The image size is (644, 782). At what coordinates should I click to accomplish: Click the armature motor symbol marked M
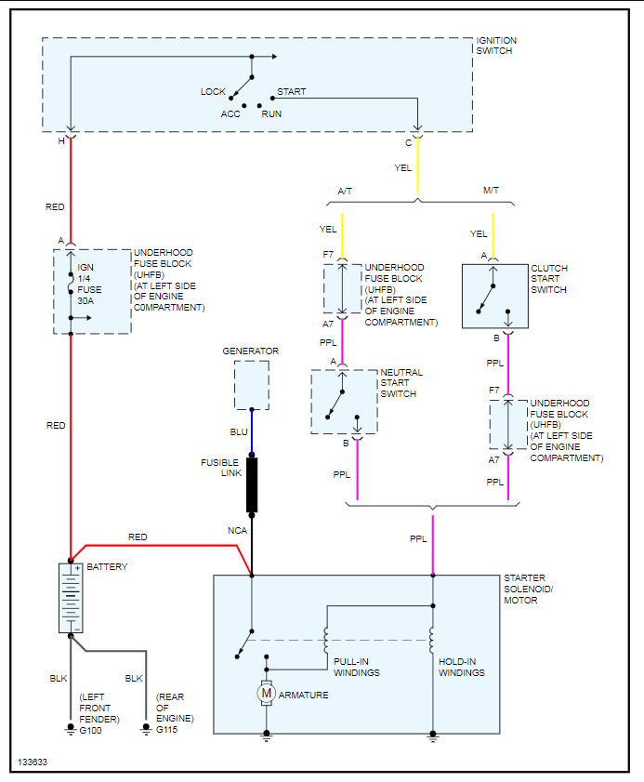pyautogui.click(x=267, y=692)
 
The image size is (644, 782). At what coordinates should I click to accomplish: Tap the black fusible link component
pyautogui.click(x=252, y=484)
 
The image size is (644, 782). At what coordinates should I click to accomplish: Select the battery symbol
pyautogui.click(x=71, y=598)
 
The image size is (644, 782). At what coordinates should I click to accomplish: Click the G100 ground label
pyautogui.click(x=90, y=730)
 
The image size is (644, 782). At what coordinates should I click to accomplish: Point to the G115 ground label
pyautogui.click(x=166, y=730)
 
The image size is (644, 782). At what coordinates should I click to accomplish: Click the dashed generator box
pyautogui.click(x=251, y=384)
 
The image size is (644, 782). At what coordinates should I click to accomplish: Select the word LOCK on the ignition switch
pyautogui.click(x=213, y=91)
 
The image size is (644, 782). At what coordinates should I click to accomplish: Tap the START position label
pyautogui.click(x=292, y=91)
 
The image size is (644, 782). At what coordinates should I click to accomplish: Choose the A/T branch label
pyautogui.click(x=345, y=191)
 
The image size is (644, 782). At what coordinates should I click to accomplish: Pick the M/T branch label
pyautogui.click(x=491, y=191)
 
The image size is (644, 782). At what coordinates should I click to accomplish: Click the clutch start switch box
pyautogui.click(x=494, y=296)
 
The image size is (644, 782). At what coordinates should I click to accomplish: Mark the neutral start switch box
pyautogui.click(x=344, y=402)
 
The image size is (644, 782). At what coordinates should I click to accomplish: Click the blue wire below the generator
pyautogui.click(x=252, y=432)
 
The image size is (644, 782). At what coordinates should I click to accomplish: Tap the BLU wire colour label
pyautogui.click(x=239, y=432)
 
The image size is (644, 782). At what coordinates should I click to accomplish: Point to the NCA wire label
pyautogui.click(x=237, y=530)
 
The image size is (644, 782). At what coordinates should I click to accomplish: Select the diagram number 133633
pyautogui.click(x=32, y=762)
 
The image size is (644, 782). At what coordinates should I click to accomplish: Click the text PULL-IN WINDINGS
pyautogui.click(x=357, y=668)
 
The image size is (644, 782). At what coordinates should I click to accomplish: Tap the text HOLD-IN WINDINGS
pyautogui.click(x=461, y=668)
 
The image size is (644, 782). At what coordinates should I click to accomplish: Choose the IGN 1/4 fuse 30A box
pyautogui.click(x=91, y=291)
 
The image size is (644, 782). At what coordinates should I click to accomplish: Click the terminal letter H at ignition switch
pyautogui.click(x=61, y=140)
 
